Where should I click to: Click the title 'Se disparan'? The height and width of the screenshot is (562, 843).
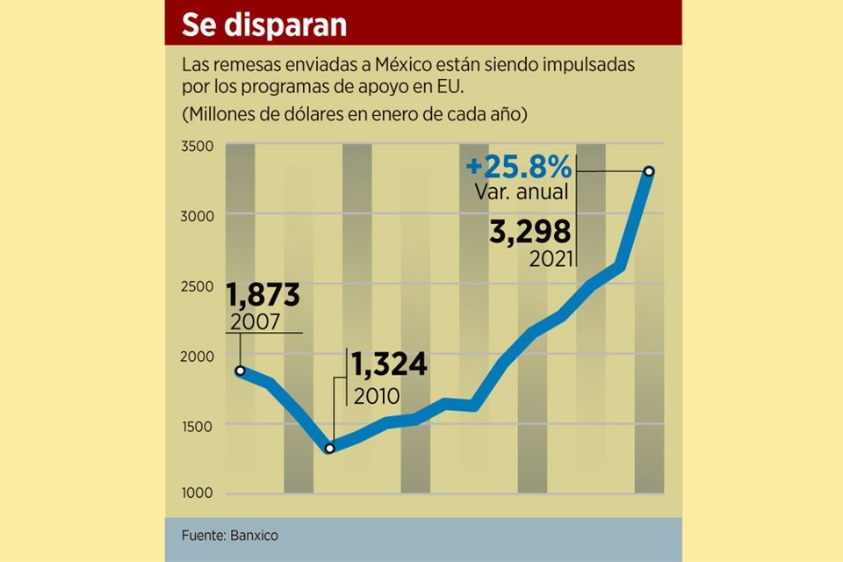[x=263, y=25]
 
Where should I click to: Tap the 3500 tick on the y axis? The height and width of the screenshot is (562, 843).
[x=198, y=146]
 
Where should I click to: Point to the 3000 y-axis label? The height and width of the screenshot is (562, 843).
[x=198, y=215]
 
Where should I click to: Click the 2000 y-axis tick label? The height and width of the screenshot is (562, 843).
[x=198, y=356]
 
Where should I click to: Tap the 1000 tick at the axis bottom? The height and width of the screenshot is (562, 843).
[x=198, y=494]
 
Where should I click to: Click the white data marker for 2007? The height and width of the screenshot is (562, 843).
[x=240, y=371]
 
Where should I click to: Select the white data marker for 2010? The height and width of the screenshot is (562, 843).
[x=329, y=449]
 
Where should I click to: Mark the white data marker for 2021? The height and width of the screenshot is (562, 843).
[x=648, y=171]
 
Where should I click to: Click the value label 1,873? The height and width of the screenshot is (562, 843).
[x=263, y=295]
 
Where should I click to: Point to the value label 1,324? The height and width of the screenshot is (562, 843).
[x=390, y=364]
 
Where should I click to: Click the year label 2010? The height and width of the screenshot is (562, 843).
[x=376, y=395]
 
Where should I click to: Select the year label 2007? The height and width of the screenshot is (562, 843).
[x=254, y=321]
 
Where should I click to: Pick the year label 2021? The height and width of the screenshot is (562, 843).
[x=551, y=259]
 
